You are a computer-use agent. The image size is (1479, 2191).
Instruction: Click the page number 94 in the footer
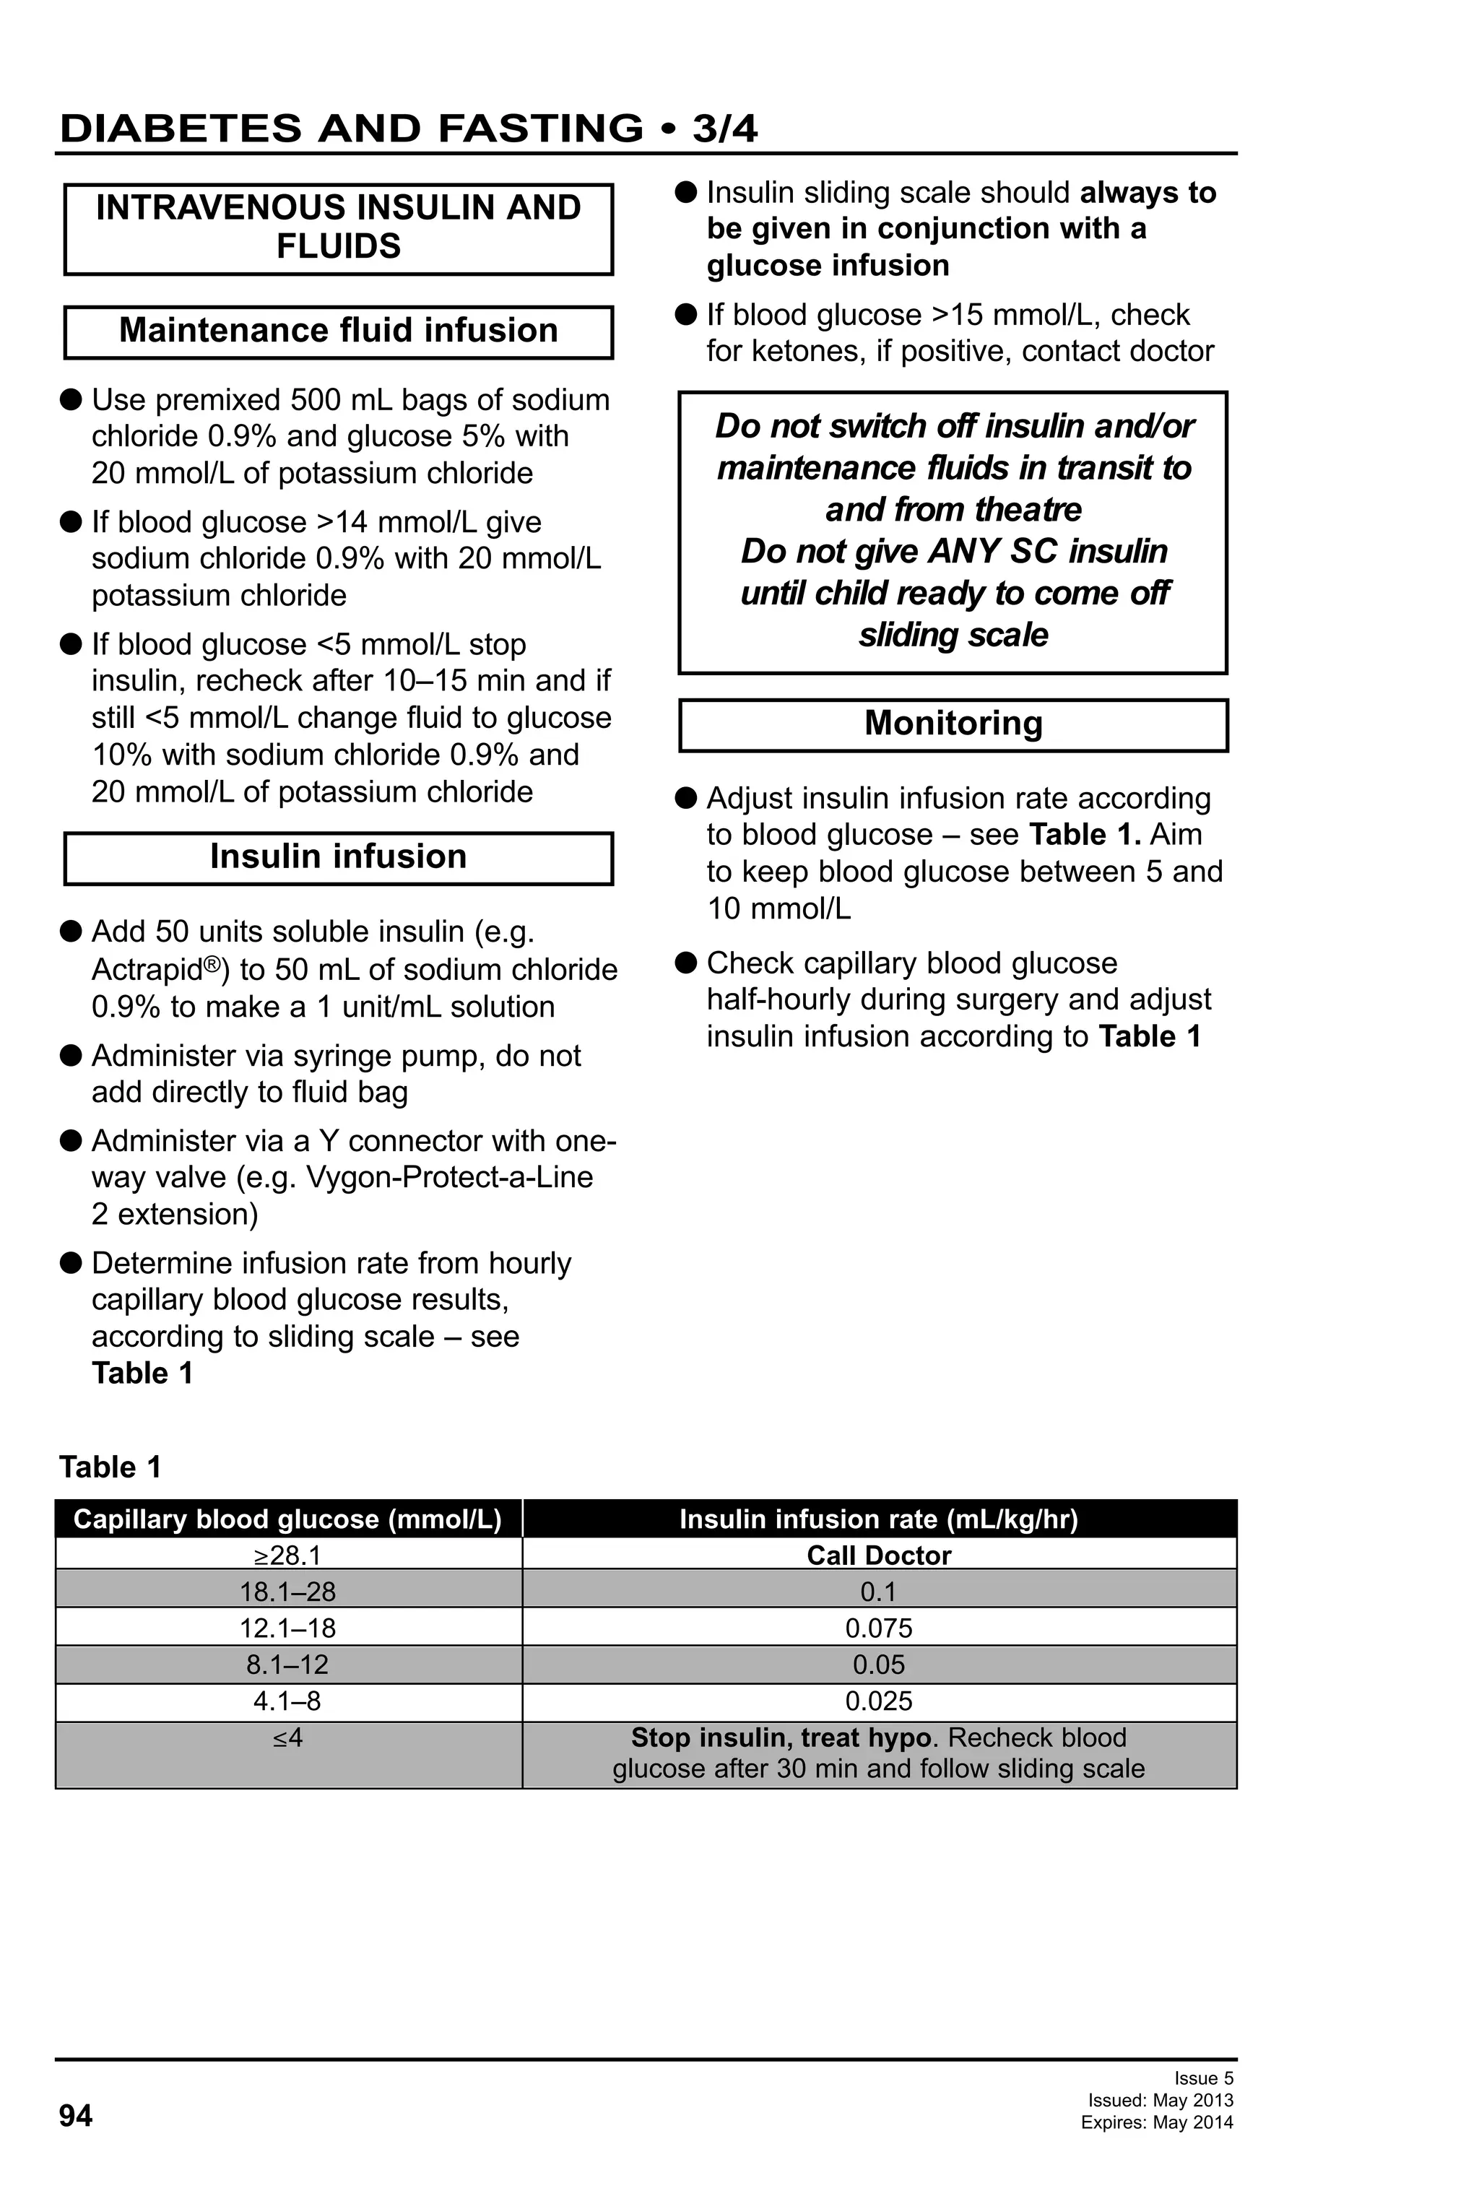(x=75, y=2116)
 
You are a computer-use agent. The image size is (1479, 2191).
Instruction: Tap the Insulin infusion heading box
(x=339, y=857)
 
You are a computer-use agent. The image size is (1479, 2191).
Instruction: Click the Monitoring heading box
(x=953, y=724)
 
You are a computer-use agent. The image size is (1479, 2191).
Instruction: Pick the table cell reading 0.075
(x=879, y=1628)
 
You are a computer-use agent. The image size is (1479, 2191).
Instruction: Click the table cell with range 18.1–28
(x=287, y=1592)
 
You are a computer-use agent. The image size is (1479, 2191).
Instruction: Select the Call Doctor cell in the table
(x=879, y=1555)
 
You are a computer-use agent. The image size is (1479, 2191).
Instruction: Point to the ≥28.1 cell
(x=287, y=1555)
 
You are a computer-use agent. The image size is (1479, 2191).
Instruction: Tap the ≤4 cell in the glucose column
(x=287, y=1737)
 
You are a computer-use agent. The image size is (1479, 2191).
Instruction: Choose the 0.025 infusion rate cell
(x=879, y=1701)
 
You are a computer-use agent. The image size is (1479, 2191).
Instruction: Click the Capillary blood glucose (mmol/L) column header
(x=287, y=1519)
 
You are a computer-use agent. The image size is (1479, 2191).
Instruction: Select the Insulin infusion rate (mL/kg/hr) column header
(x=879, y=1519)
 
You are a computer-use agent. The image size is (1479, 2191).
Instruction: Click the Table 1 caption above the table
(x=110, y=1467)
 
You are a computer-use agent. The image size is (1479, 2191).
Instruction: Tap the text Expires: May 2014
(x=1157, y=2122)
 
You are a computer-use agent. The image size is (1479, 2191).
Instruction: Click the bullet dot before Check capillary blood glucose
(x=686, y=963)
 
